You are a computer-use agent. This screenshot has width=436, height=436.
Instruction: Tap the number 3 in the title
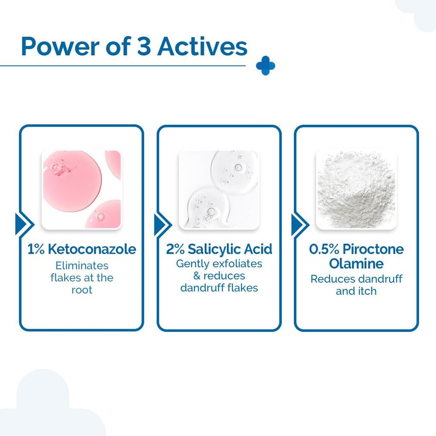click(144, 46)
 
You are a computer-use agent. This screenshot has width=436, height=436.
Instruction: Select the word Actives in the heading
click(202, 46)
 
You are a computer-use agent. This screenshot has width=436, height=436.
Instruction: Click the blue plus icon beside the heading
click(266, 66)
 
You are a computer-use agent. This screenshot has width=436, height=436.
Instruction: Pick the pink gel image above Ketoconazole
click(81, 189)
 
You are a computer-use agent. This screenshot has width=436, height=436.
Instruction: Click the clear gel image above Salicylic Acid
click(219, 189)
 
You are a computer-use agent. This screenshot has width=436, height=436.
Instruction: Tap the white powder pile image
click(356, 189)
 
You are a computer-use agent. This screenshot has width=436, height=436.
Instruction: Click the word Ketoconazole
click(92, 249)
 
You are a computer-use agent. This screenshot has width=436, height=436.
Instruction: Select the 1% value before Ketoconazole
click(36, 249)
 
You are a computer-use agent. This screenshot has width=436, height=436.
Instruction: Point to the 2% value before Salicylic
click(175, 249)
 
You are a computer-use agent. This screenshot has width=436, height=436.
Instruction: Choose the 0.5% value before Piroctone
click(324, 249)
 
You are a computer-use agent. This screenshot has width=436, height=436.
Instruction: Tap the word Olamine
click(356, 264)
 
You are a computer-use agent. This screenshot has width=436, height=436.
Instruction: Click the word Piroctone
click(373, 249)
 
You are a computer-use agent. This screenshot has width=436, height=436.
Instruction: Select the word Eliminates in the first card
click(82, 266)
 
